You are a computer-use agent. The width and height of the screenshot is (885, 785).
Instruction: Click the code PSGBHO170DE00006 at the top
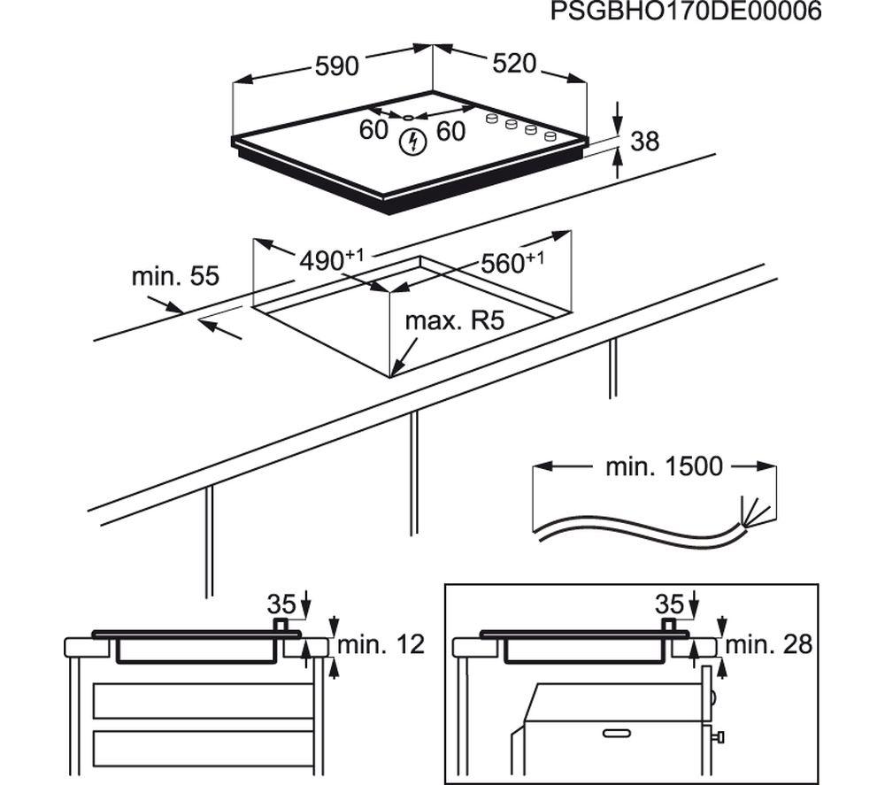pyautogui.click(x=686, y=12)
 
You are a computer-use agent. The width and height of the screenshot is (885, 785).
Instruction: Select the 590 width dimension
pyautogui.click(x=337, y=66)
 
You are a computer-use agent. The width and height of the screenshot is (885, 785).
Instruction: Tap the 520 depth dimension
pyautogui.click(x=513, y=63)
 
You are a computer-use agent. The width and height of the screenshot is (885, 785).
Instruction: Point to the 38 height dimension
pyautogui.click(x=644, y=141)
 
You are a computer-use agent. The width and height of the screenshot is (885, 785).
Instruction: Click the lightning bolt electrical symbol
pyautogui.click(x=413, y=142)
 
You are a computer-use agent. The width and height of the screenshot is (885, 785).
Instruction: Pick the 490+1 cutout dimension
pyautogui.click(x=331, y=259)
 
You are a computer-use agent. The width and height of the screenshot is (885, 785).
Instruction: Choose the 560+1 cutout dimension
pyautogui.click(x=512, y=262)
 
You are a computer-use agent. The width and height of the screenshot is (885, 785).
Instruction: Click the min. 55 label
pyautogui.click(x=175, y=276)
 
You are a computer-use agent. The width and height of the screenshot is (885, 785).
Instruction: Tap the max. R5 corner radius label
pyautogui.click(x=454, y=321)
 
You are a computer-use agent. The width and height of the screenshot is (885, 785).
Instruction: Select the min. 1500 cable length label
pyautogui.click(x=664, y=466)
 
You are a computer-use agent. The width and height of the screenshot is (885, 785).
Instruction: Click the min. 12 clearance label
pyautogui.click(x=381, y=644)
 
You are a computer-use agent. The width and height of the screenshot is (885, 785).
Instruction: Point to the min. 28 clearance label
pyautogui.click(x=769, y=644)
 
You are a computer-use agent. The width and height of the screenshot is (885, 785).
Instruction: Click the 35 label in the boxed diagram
pyautogui.click(x=669, y=604)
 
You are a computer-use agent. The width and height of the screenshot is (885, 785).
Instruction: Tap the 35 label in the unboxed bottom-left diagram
pyautogui.click(x=281, y=604)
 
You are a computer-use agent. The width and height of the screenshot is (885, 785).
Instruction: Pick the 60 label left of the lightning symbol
pyautogui.click(x=373, y=130)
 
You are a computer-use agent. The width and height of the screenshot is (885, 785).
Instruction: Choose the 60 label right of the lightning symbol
pyautogui.click(x=451, y=132)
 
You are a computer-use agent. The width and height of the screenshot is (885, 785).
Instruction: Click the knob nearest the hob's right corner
pyautogui.click(x=550, y=136)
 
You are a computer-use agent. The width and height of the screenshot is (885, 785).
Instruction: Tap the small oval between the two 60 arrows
pyautogui.click(x=407, y=118)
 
